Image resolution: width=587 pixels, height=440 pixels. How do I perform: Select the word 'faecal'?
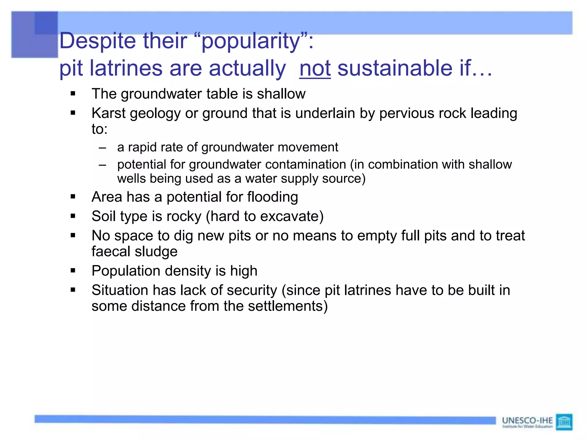110,251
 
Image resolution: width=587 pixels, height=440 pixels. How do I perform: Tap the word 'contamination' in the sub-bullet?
306,164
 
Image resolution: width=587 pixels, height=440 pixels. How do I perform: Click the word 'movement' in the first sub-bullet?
308,147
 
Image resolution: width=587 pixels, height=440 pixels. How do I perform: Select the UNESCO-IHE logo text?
527,421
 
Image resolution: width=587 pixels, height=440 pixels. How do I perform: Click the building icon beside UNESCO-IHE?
564,422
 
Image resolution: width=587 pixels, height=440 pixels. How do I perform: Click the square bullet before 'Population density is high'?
73,270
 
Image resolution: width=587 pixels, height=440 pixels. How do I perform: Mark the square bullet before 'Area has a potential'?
73,197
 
